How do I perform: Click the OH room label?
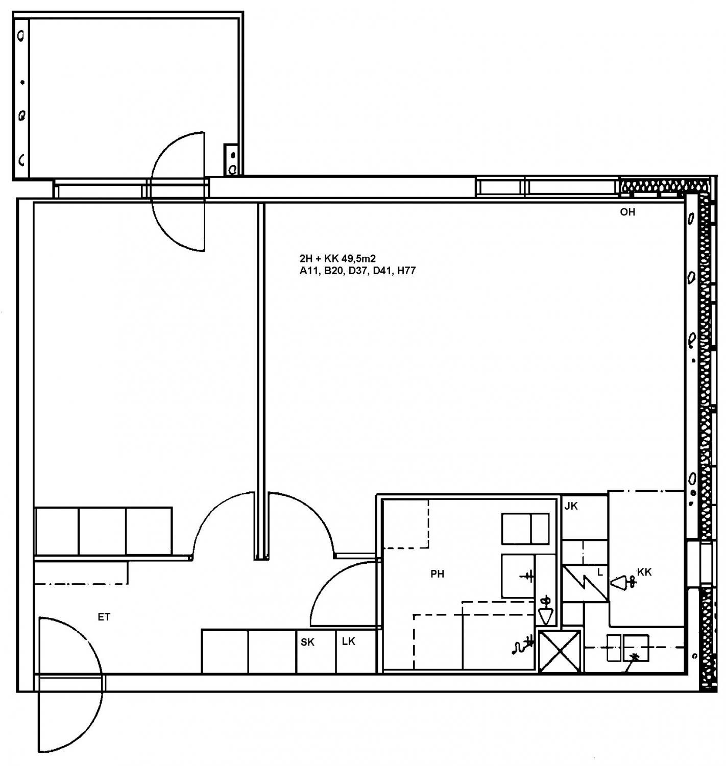[x=627, y=212]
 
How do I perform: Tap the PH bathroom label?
[x=437, y=574]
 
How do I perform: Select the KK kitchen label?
[x=644, y=572]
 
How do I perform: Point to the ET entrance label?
[x=104, y=617]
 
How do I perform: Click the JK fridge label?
[x=571, y=506]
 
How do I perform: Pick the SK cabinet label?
[x=307, y=642]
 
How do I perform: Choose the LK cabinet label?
[x=348, y=641]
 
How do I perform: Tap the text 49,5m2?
[x=358, y=258]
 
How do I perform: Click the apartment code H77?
[x=406, y=271]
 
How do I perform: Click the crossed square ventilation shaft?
[x=560, y=652]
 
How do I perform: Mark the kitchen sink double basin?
[x=628, y=648]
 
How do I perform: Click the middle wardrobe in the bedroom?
[x=102, y=531]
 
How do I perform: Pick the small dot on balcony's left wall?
[x=22, y=82]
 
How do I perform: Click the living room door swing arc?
[x=316, y=514]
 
